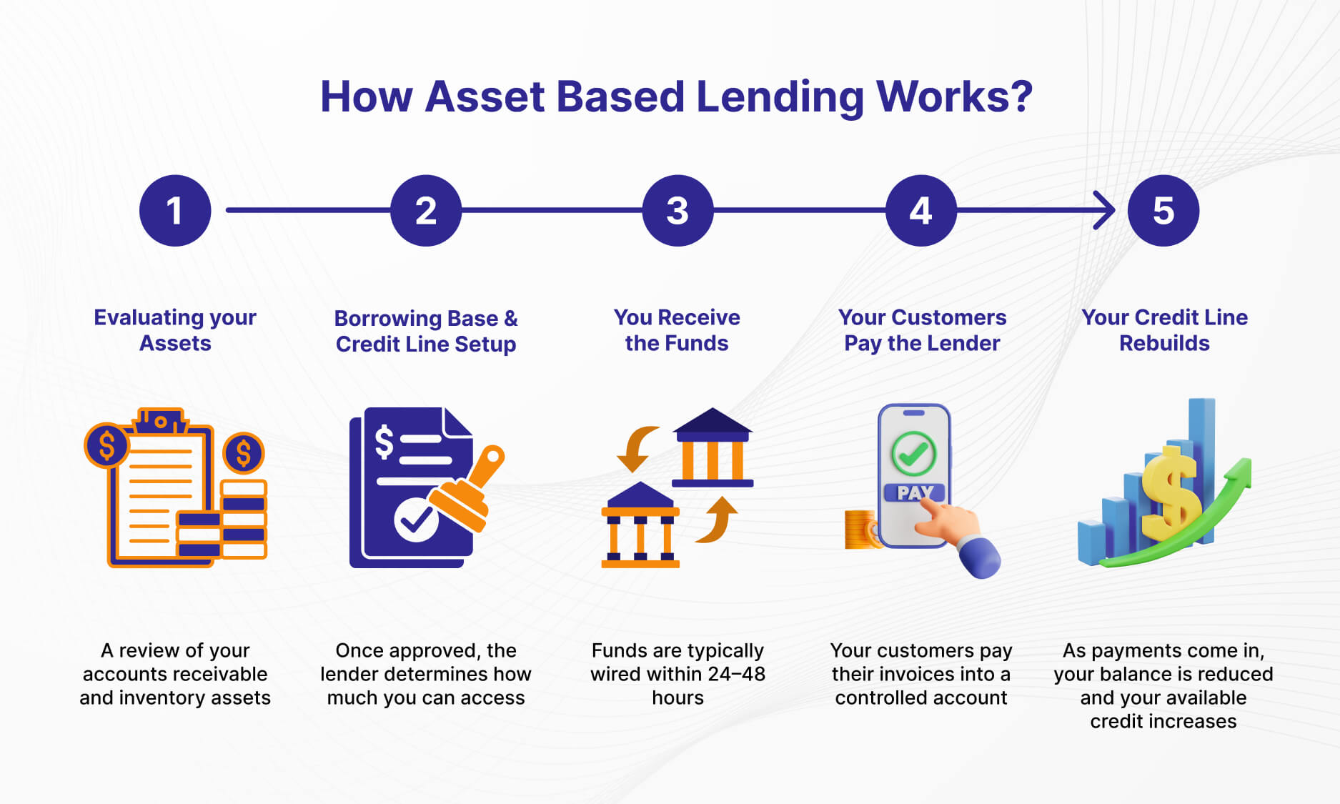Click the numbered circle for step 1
[x=175, y=211]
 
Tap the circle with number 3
[x=678, y=211]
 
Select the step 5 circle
[x=1163, y=211]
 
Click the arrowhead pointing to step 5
[x=1106, y=210]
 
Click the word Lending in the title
[x=780, y=97]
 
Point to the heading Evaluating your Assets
[x=175, y=330]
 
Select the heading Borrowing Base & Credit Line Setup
[x=426, y=331]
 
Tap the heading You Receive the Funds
[x=677, y=330]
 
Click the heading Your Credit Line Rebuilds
[x=1164, y=330]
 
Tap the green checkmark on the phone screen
[x=913, y=454]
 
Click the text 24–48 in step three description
[x=736, y=674]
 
